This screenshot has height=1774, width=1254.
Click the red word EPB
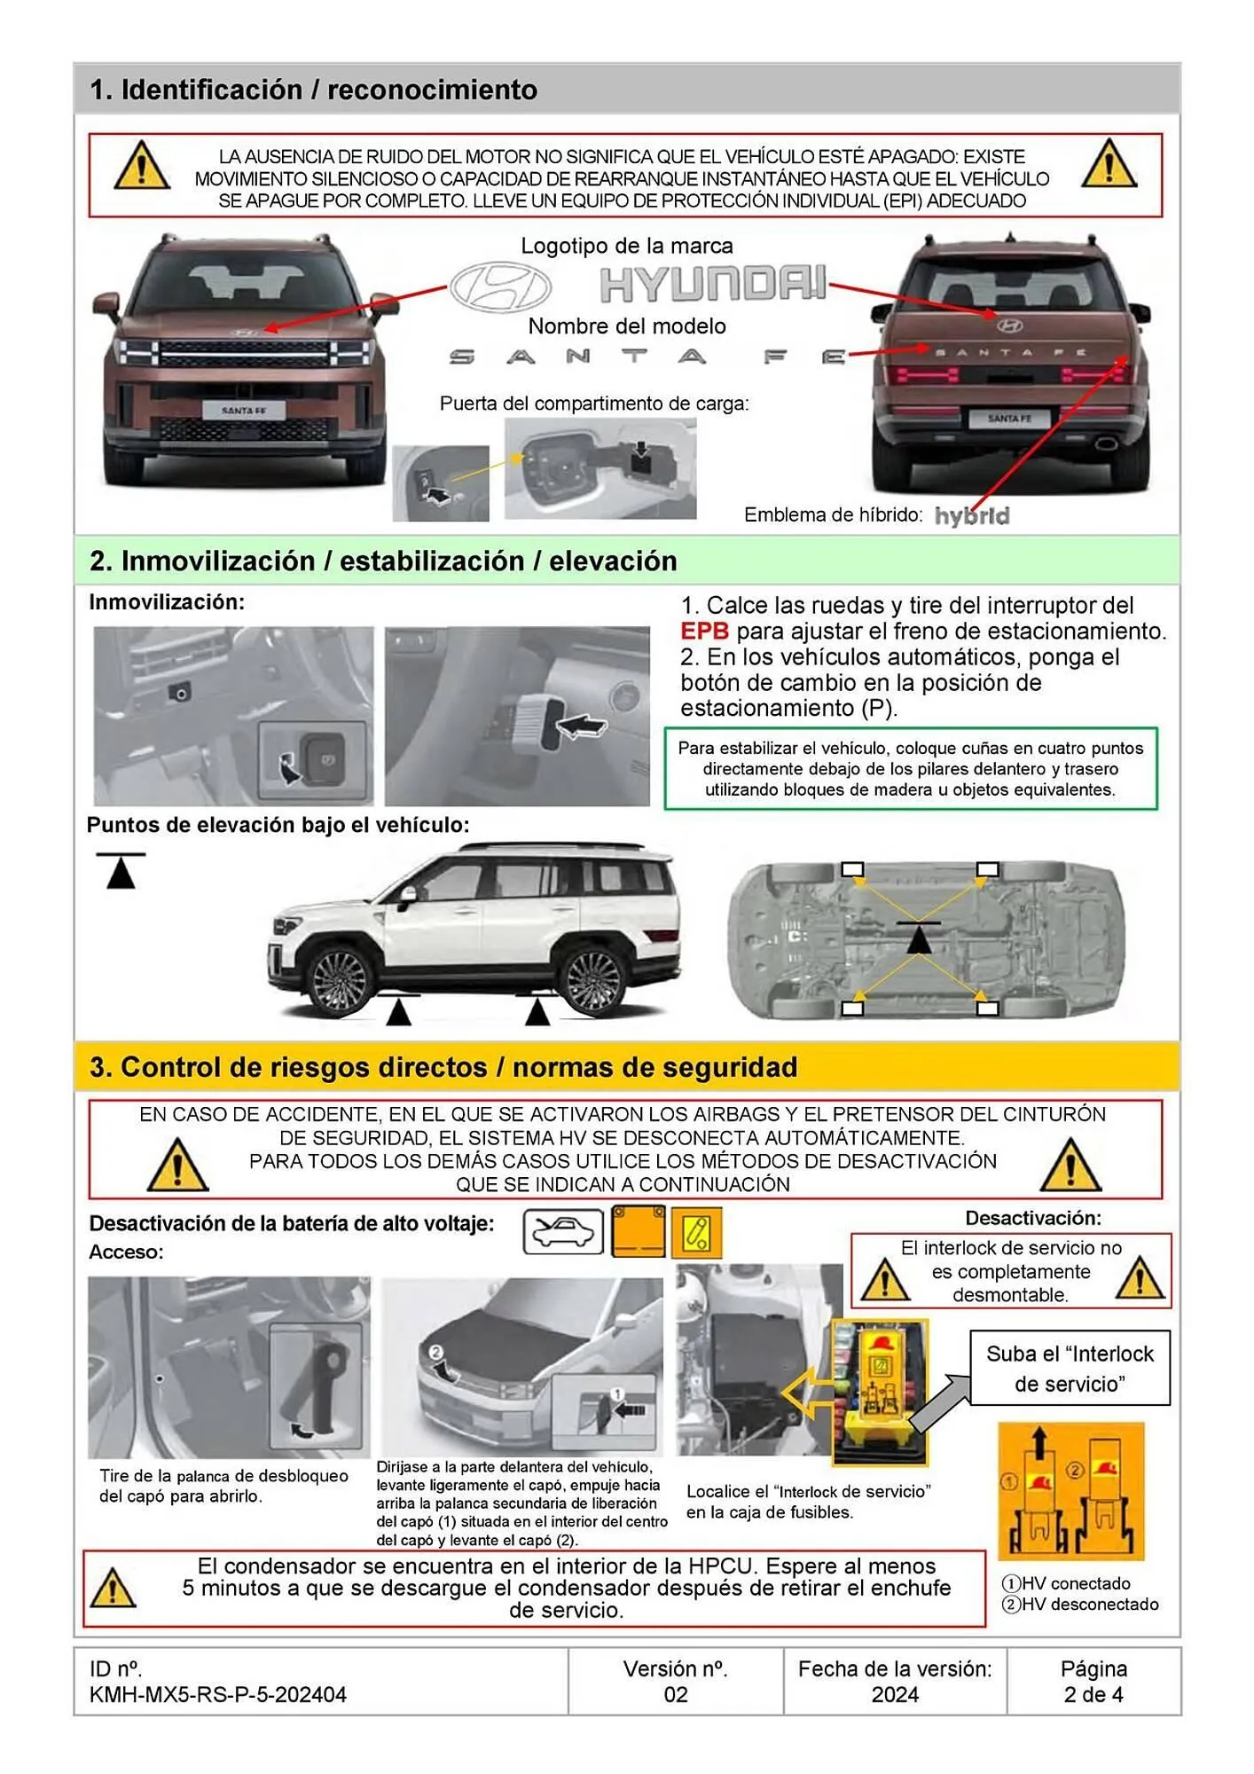pyautogui.click(x=704, y=632)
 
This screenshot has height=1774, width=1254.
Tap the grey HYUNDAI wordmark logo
pyautogui.click(x=713, y=284)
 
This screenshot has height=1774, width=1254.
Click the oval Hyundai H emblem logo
pyautogui.click(x=501, y=287)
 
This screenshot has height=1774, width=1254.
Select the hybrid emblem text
pyautogui.click(x=972, y=516)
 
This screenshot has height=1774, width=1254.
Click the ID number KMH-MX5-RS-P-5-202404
pyautogui.click(x=217, y=1694)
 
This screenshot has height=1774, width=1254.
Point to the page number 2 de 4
pyautogui.click(x=1093, y=1694)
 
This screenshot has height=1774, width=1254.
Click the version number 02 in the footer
pyautogui.click(x=675, y=1694)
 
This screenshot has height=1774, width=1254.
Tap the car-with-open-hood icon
pyautogui.click(x=563, y=1231)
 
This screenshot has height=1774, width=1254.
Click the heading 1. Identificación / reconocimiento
pyautogui.click(x=313, y=90)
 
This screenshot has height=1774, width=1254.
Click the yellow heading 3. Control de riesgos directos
pyautogui.click(x=443, y=1067)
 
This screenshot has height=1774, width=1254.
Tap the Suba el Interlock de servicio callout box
pyautogui.click(x=1070, y=1368)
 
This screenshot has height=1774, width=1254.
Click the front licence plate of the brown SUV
pyautogui.click(x=243, y=411)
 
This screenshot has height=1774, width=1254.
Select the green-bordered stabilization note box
pyautogui.click(x=910, y=769)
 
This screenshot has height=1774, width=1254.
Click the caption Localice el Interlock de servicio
pyautogui.click(x=808, y=1501)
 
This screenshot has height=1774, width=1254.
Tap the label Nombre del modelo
pyautogui.click(x=626, y=326)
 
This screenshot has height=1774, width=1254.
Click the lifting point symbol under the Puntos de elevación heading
pyautogui.click(x=121, y=871)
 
